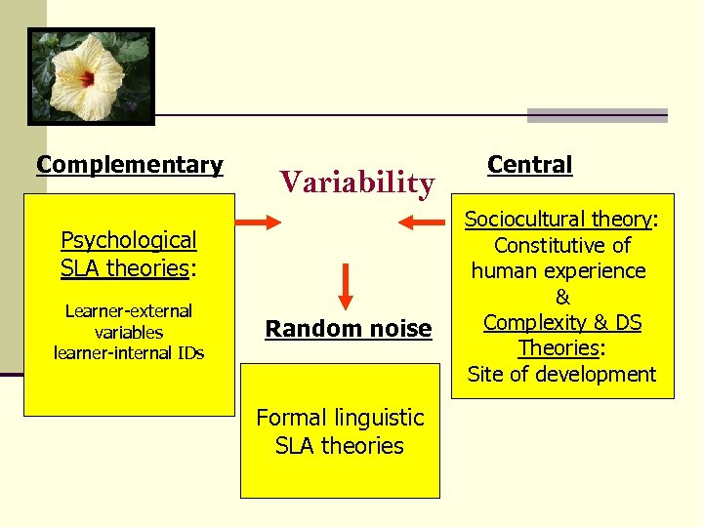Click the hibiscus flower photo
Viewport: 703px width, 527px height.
pyautogui.click(x=91, y=76)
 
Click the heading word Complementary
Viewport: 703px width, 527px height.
pyautogui.click(x=130, y=165)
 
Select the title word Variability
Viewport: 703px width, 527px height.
pyautogui.click(x=356, y=182)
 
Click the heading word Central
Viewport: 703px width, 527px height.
pyautogui.click(x=529, y=165)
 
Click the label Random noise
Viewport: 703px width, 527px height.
pyautogui.click(x=349, y=329)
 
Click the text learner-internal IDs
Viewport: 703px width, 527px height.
pyautogui.click(x=129, y=353)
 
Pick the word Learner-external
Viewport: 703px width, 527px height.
pyautogui.click(x=129, y=311)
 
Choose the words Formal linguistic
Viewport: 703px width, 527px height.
pyautogui.click(x=340, y=418)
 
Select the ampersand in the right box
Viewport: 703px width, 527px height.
pyautogui.click(x=562, y=297)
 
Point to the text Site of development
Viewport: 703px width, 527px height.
pyautogui.click(x=561, y=374)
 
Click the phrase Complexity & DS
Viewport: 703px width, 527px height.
pyautogui.click(x=562, y=322)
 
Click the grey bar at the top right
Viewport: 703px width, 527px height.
pyautogui.click(x=597, y=115)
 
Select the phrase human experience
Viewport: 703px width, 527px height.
pyautogui.click(x=558, y=270)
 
